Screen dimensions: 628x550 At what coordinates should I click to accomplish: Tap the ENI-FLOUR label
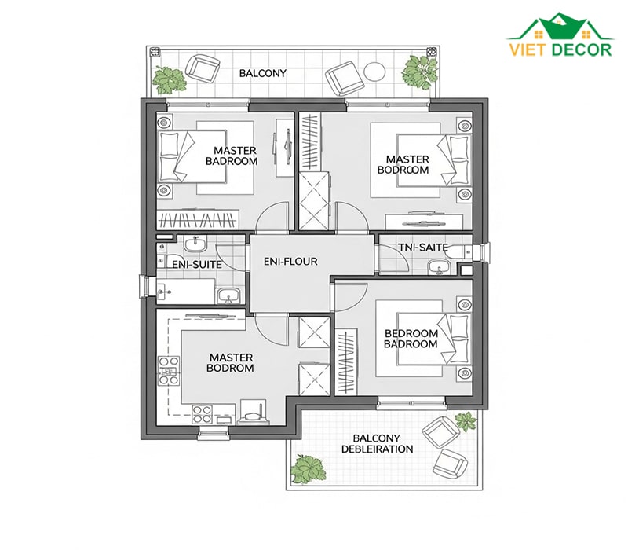click(x=290, y=262)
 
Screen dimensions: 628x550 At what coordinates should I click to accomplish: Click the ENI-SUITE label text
click(x=197, y=265)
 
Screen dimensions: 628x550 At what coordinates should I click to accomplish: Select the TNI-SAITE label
click(x=423, y=247)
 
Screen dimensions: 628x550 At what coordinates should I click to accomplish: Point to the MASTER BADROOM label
click(x=232, y=156)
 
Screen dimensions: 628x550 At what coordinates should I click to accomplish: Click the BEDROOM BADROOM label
click(x=411, y=339)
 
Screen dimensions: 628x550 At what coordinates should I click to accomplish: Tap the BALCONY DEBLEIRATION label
click(x=377, y=444)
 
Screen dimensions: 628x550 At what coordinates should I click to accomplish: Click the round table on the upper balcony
click(x=375, y=71)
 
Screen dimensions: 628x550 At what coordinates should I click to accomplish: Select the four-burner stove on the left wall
click(x=169, y=370)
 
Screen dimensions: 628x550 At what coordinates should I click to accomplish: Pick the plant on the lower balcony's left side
click(x=308, y=469)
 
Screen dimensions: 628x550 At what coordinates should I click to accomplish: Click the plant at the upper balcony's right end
click(x=420, y=71)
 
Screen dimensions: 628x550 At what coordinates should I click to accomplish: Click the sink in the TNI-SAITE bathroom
click(x=439, y=267)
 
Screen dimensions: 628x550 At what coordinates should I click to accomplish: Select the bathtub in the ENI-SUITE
click(x=186, y=291)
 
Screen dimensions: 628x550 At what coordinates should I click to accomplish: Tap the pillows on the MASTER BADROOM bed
click(x=170, y=156)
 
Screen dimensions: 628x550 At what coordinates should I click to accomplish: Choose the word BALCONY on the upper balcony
click(x=263, y=73)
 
